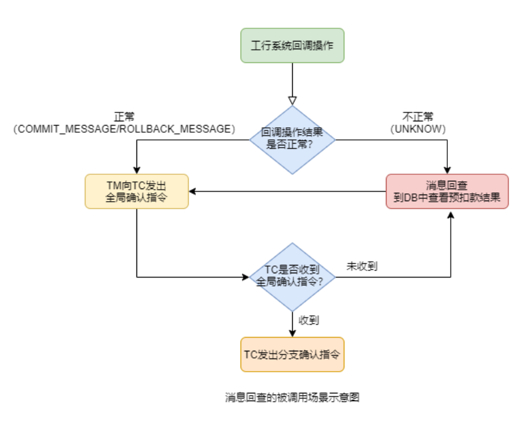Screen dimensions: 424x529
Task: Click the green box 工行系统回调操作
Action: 292,45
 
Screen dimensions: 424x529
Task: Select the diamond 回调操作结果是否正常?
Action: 292,140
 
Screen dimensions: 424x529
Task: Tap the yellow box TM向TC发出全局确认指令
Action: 137,192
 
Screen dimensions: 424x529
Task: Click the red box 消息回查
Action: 447,192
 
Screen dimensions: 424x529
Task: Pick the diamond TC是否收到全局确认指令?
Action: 292,277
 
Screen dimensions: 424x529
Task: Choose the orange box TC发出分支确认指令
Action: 292,354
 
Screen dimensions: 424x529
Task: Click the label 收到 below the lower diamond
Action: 309,320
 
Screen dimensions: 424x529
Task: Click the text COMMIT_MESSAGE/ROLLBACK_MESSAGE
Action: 124,129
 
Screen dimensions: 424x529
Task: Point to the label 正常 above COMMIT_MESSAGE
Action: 124,117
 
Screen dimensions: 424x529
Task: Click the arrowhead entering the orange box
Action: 292,333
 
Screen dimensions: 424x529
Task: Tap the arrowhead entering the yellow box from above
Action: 137,170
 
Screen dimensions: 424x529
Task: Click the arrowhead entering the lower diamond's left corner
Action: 245,277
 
